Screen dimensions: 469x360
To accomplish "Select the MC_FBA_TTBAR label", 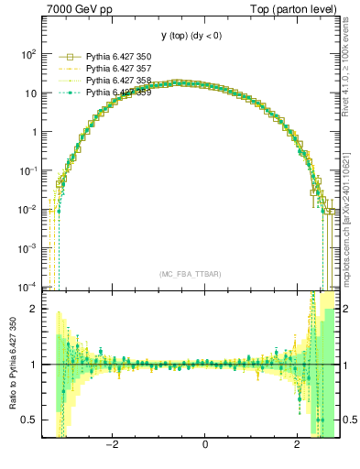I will click(190, 275).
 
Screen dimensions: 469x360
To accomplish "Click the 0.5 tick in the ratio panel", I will click(29, 420).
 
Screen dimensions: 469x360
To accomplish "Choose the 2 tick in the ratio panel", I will click(35, 309).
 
